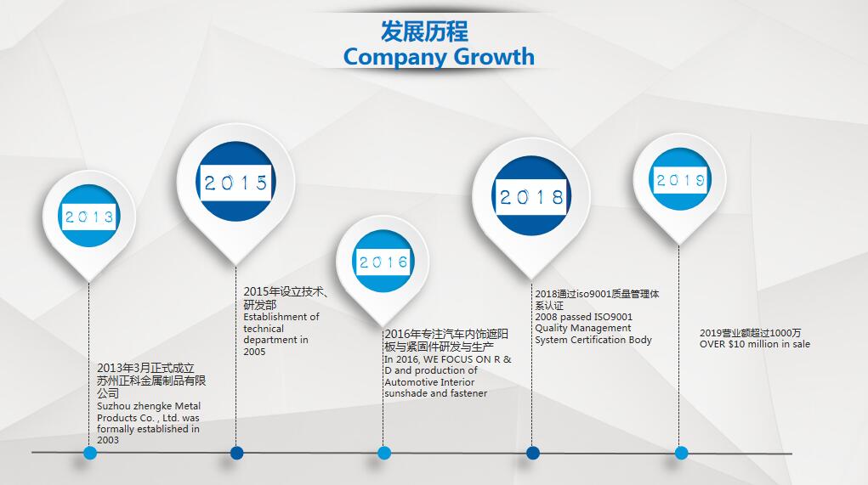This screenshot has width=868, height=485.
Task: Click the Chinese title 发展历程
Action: (x=424, y=31)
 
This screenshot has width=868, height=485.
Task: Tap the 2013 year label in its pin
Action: (x=89, y=217)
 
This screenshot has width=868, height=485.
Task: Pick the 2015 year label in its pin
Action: (x=235, y=183)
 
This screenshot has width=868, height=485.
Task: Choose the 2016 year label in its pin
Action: (x=383, y=262)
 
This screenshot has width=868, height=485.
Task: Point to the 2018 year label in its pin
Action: (x=531, y=196)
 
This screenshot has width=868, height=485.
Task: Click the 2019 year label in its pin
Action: (x=680, y=180)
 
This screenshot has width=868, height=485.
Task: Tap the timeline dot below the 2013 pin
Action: (x=89, y=453)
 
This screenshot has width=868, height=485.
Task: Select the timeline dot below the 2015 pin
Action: (x=236, y=453)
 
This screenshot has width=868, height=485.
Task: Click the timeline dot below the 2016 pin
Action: (x=383, y=453)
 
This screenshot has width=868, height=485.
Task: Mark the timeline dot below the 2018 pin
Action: (x=532, y=453)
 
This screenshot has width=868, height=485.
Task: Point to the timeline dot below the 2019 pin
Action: (x=681, y=453)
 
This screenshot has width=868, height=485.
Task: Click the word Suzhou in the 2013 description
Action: (x=113, y=406)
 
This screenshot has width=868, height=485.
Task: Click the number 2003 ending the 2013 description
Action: (x=108, y=440)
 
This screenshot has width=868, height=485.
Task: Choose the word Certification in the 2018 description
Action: (x=599, y=340)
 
